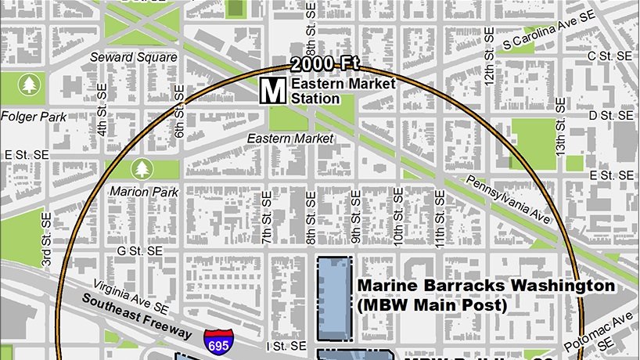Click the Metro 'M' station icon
coord(273,90)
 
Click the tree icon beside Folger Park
coord(30,84)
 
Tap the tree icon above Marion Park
coord(142,167)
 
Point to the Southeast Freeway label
coord(139,316)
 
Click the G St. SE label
coord(139,250)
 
